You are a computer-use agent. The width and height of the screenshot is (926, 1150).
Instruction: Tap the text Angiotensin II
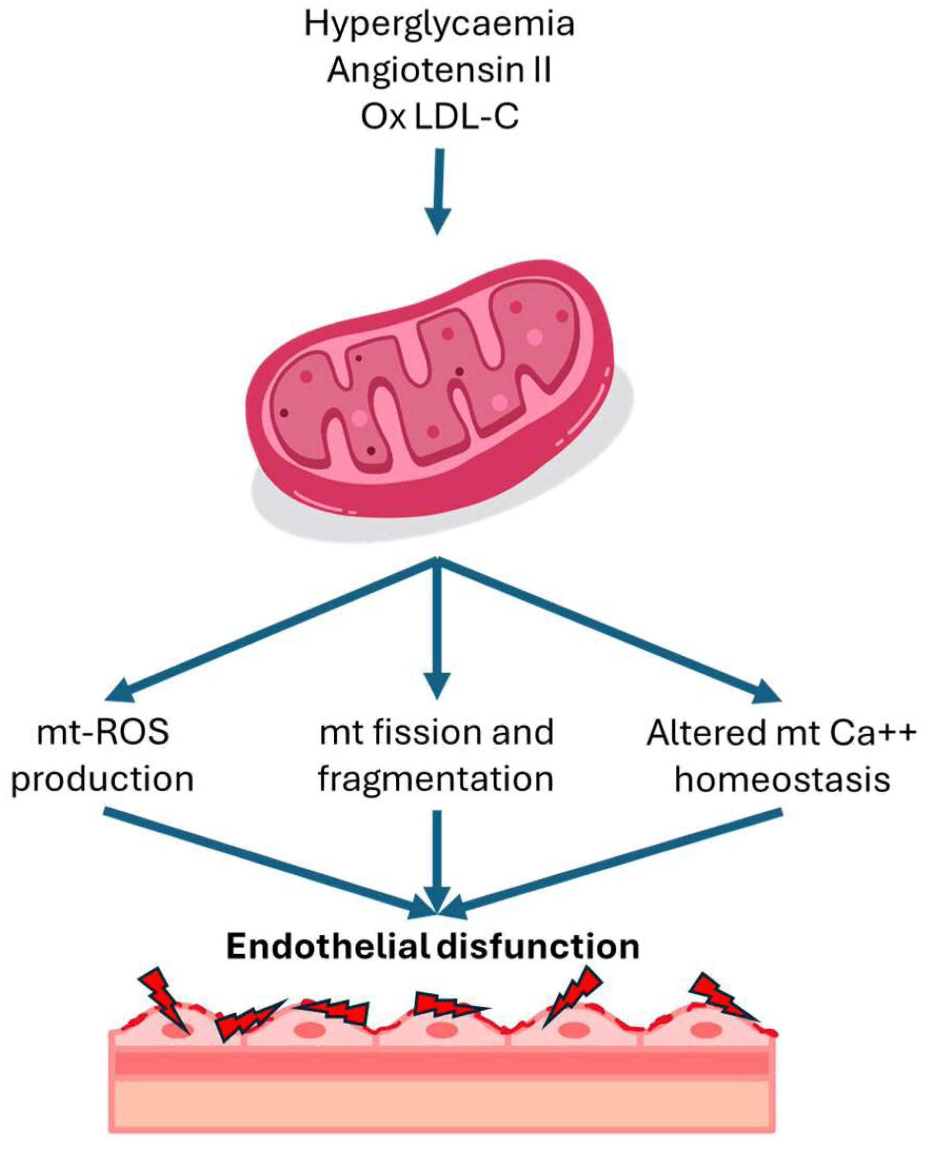(x=439, y=71)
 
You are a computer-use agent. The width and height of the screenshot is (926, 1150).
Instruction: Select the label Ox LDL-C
(x=439, y=116)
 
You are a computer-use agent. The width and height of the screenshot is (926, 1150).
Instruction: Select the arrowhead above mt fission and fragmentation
(x=437, y=685)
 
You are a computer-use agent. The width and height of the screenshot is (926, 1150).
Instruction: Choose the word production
(x=103, y=779)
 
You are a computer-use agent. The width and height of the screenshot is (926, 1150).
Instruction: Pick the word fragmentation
(x=436, y=779)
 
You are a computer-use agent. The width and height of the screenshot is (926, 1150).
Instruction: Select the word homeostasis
(x=782, y=779)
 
